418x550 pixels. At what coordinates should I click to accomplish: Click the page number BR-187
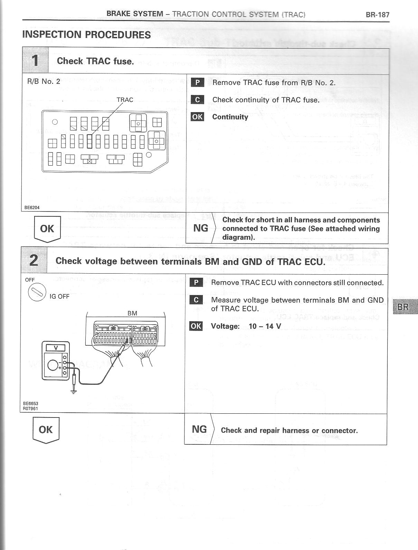(x=377, y=14)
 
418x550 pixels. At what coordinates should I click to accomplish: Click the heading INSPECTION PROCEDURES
(x=86, y=35)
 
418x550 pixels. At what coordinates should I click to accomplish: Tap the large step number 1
(x=35, y=61)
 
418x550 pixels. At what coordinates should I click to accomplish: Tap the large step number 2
(x=34, y=260)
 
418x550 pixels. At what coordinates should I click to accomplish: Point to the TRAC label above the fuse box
(x=125, y=100)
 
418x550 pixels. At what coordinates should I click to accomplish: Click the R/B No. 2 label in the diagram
(x=44, y=81)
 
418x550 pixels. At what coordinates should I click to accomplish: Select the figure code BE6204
(x=32, y=208)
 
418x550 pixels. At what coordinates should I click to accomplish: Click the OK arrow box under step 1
(x=47, y=229)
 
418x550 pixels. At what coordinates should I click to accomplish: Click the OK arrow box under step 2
(x=46, y=430)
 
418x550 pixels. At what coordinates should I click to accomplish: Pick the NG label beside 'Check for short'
(x=200, y=228)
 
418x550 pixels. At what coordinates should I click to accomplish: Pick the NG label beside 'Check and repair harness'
(x=199, y=429)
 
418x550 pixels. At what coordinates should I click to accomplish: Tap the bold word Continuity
(x=230, y=117)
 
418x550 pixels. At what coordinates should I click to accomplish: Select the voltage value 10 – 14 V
(x=265, y=326)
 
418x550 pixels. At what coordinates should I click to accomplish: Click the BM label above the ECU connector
(x=132, y=313)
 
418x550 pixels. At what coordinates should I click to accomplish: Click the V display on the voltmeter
(x=55, y=348)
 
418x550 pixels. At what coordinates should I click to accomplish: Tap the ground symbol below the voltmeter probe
(x=73, y=391)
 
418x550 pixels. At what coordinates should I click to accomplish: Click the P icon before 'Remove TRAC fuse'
(x=197, y=82)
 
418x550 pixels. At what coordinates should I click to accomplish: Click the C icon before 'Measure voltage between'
(x=196, y=300)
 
